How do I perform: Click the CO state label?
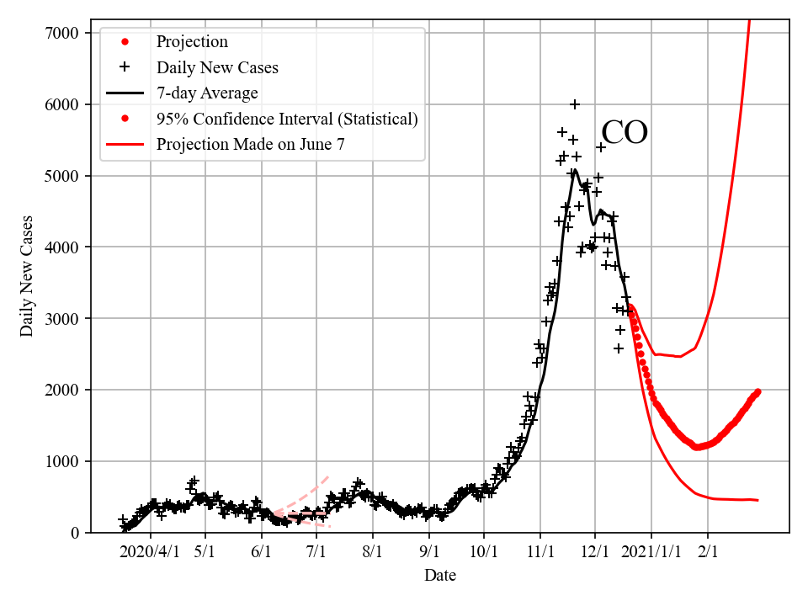coord(625,133)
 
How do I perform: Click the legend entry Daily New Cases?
coord(217,67)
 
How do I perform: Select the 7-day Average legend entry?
coord(207,93)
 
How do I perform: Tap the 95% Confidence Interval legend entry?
coord(287,119)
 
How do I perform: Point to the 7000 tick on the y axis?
coord(64,33)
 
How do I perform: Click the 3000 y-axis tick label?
coord(64,318)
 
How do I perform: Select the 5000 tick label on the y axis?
coord(64,176)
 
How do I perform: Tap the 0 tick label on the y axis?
coord(75,533)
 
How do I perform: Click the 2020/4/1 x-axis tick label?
coord(151,551)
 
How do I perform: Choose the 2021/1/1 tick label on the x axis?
coord(651,551)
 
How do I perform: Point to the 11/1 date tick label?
coord(540,551)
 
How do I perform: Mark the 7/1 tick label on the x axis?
coord(316,551)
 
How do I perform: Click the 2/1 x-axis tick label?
coord(708,551)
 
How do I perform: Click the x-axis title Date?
coord(440,576)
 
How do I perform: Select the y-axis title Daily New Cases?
coord(28,276)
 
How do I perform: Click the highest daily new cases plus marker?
coord(575,104)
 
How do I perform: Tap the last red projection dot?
coord(757,391)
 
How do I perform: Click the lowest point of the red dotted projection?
coord(698,447)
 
